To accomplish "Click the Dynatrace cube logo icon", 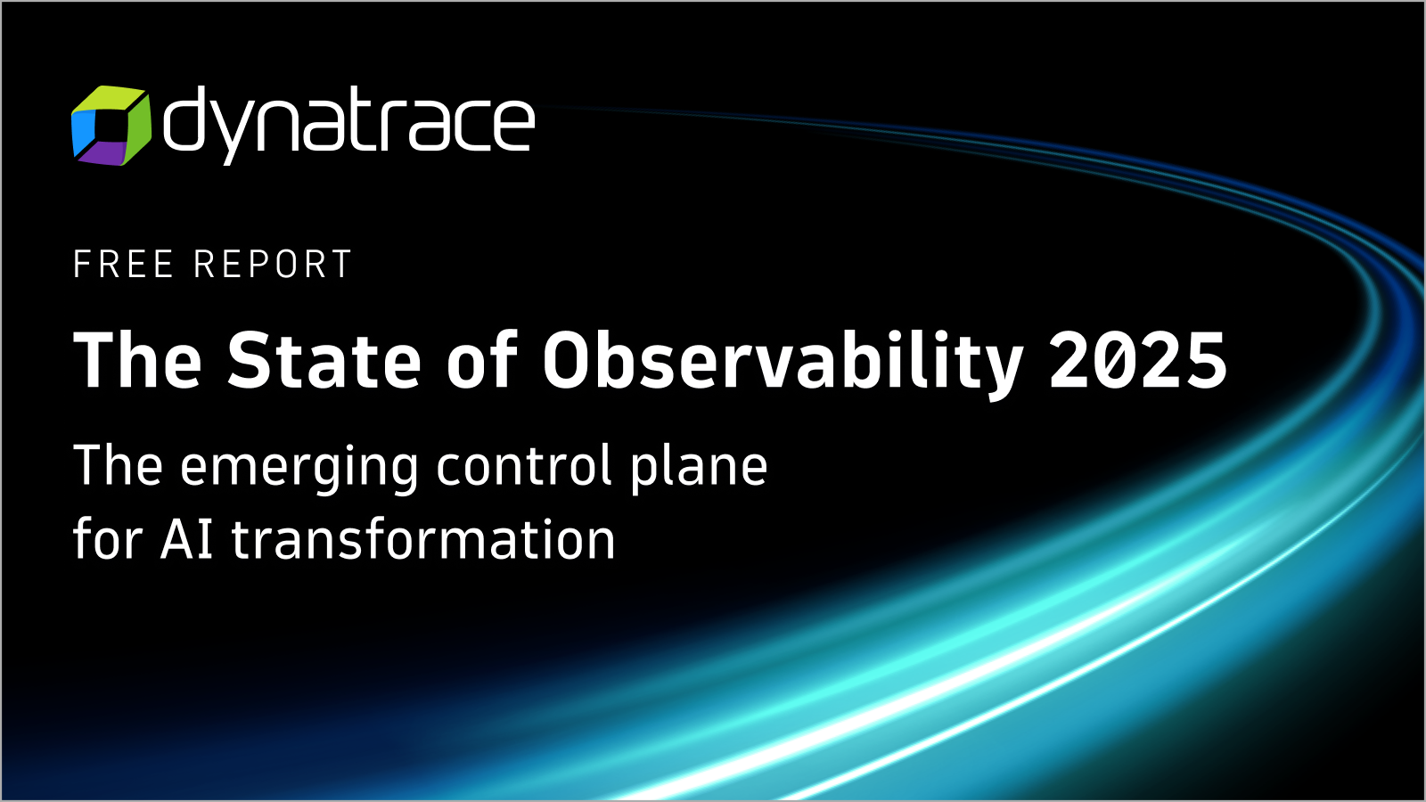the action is tap(111, 126).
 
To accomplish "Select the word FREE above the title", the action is tap(124, 264).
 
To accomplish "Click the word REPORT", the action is tap(273, 264).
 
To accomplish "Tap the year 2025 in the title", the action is tap(1137, 359).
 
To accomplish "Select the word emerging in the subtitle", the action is tap(299, 469).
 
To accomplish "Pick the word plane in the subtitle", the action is tap(699, 469).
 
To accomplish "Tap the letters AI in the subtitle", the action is tap(187, 539).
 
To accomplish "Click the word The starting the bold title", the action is tap(137, 359).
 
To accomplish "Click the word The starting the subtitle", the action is tap(118, 465).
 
